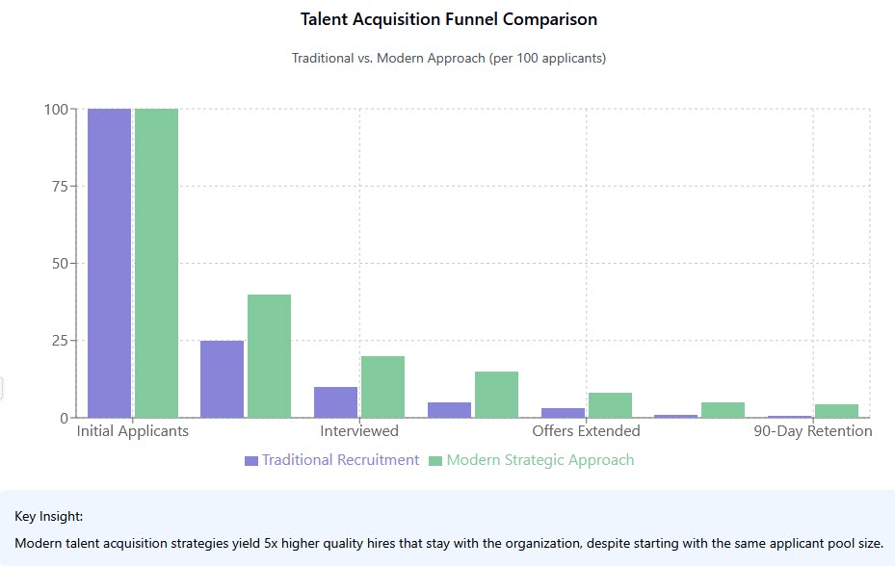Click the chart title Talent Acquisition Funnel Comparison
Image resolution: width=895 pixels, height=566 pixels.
(x=448, y=19)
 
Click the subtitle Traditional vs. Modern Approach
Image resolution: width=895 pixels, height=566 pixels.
(x=448, y=58)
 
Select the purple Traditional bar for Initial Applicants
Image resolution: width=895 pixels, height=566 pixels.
(x=109, y=263)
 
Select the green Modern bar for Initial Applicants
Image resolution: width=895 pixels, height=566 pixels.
(x=156, y=263)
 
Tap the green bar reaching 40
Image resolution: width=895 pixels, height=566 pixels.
(x=269, y=356)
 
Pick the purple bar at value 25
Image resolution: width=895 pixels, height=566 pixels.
(x=222, y=379)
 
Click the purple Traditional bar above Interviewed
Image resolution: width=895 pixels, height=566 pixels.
(x=335, y=402)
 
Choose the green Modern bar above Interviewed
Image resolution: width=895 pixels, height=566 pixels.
(x=382, y=387)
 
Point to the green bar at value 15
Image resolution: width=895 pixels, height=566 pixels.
(x=496, y=395)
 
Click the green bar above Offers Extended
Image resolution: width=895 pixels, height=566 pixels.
(x=610, y=405)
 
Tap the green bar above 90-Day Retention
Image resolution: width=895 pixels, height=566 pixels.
(x=836, y=411)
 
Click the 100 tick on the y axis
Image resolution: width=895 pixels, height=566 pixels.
(x=56, y=109)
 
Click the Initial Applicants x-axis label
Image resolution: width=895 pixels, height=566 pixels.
(x=133, y=431)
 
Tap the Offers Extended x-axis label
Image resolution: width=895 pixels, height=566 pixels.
(x=586, y=431)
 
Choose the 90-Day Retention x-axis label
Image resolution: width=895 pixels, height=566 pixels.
(x=812, y=431)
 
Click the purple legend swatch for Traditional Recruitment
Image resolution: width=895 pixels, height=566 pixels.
(x=251, y=461)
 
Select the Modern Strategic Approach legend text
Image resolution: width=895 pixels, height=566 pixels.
(x=540, y=460)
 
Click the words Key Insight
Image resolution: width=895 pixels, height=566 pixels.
(x=49, y=517)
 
